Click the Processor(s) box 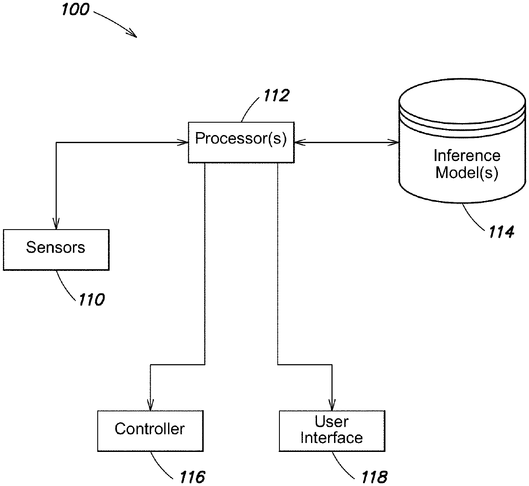click(x=241, y=142)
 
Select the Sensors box click(x=56, y=250)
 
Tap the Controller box click(x=150, y=431)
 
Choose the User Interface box click(x=332, y=431)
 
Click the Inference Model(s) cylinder click(x=462, y=141)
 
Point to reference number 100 click(x=76, y=9)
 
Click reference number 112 click(x=276, y=95)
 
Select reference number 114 click(x=501, y=232)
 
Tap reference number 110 click(x=91, y=299)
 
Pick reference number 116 click(x=192, y=477)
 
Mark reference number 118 click(x=374, y=477)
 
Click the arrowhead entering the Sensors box click(x=56, y=224)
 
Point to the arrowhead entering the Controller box click(x=150, y=405)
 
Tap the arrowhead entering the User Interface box click(x=332, y=405)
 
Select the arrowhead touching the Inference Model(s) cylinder click(x=393, y=143)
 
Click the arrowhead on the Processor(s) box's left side click(x=183, y=143)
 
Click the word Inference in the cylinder click(x=467, y=155)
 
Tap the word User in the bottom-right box click(x=332, y=422)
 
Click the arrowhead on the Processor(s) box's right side click(x=300, y=143)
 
